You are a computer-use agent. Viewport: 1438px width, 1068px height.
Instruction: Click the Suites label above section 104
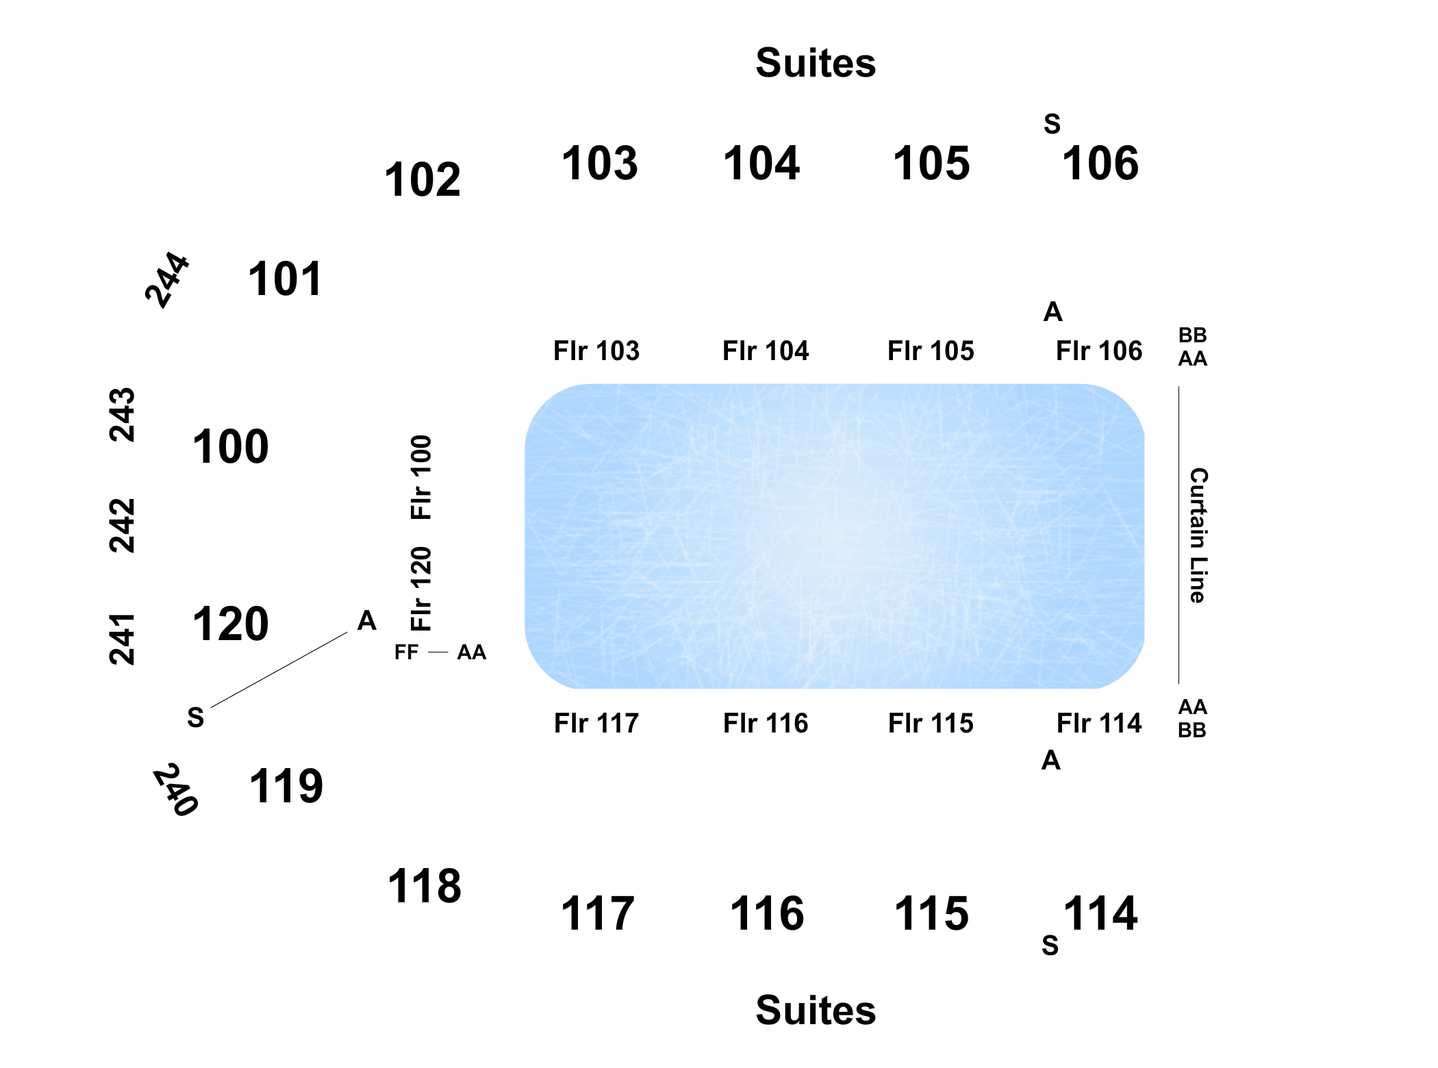click(x=816, y=63)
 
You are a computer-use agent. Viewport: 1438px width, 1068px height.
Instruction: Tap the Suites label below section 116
click(x=816, y=1010)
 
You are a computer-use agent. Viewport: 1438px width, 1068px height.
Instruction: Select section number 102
click(x=422, y=180)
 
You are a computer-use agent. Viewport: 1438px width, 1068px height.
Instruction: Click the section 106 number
click(x=1100, y=164)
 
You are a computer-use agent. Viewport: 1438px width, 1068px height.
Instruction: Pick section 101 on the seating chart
click(x=285, y=279)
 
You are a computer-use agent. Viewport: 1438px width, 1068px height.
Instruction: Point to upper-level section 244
click(x=166, y=280)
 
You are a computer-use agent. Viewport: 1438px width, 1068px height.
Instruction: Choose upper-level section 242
click(x=123, y=525)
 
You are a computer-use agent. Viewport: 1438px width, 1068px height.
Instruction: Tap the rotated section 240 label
click(x=176, y=789)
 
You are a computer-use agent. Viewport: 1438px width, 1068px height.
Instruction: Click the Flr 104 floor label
click(x=766, y=351)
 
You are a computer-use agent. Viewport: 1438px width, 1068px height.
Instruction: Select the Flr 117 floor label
click(x=596, y=723)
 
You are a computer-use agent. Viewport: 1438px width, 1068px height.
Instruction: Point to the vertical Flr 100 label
click(x=421, y=477)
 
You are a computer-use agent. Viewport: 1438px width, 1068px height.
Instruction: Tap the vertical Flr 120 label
click(x=421, y=589)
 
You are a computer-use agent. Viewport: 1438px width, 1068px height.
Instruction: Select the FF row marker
click(x=406, y=652)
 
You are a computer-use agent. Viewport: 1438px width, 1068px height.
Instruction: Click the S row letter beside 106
click(x=1052, y=124)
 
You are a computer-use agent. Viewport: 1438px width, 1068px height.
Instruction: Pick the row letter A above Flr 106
click(x=1053, y=312)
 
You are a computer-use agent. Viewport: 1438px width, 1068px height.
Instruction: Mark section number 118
click(x=425, y=886)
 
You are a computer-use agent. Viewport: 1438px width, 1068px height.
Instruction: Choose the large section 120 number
click(x=230, y=624)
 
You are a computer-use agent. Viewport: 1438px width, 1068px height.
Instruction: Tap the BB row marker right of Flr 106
click(x=1193, y=335)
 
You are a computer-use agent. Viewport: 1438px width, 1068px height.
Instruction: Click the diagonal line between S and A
click(x=279, y=670)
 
